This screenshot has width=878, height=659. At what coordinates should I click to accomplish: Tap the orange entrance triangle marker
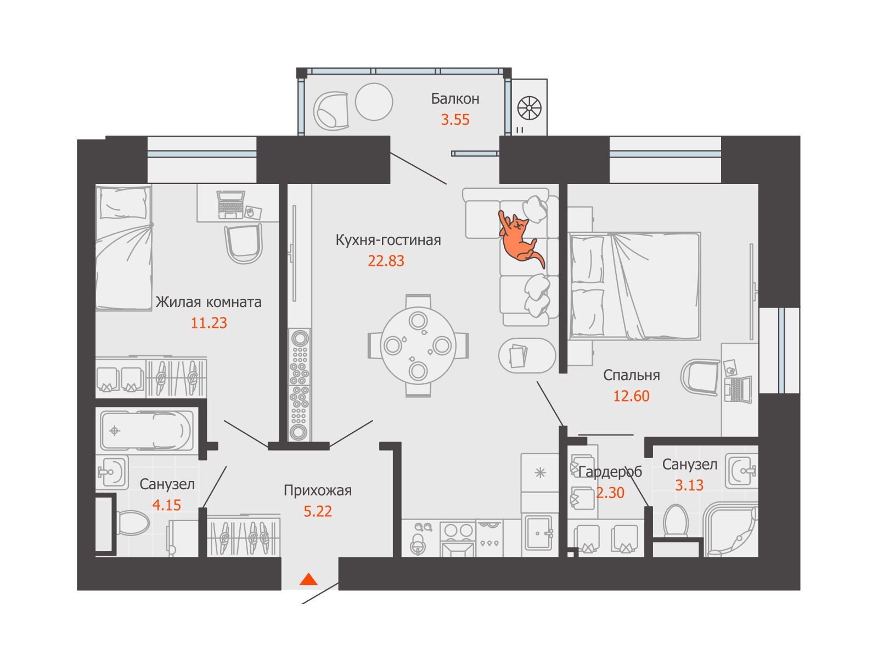(308, 579)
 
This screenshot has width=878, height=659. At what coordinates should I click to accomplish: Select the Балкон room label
(455, 98)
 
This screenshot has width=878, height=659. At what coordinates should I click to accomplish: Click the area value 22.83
(386, 261)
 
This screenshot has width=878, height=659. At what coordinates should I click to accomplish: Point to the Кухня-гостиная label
(388, 240)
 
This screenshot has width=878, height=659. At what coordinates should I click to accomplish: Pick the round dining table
(418, 346)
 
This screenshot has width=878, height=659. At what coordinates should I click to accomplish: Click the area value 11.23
(209, 322)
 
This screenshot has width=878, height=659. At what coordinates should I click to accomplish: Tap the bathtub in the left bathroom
(147, 431)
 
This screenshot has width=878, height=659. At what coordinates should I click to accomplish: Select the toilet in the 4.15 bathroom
(133, 522)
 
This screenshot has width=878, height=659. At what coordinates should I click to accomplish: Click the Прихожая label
(318, 490)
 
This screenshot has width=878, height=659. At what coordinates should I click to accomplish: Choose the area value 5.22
(318, 511)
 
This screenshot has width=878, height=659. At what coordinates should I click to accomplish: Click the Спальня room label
(631, 375)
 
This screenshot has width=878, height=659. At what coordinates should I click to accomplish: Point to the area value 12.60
(631, 396)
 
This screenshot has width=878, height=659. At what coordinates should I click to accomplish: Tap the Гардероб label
(610, 472)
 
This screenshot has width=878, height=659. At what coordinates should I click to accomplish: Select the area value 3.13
(689, 485)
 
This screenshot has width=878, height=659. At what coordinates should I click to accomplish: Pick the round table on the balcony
(374, 102)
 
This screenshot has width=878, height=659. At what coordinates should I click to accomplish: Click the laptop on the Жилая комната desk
(231, 205)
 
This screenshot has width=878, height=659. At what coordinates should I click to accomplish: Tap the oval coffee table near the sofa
(527, 356)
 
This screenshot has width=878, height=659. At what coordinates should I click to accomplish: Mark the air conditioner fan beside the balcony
(529, 108)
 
